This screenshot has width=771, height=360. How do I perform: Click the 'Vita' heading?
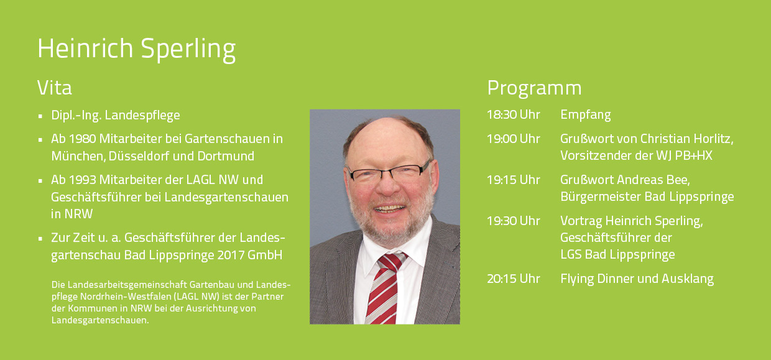point(54,88)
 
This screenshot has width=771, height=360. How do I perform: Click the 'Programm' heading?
point(534,89)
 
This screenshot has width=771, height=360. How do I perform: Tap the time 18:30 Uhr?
point(513,114)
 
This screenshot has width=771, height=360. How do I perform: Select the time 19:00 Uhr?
point(513,139)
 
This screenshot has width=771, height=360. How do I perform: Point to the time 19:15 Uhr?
point(513,180)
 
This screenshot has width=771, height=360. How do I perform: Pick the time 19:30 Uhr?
point(513,221)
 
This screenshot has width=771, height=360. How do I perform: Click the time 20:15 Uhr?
point(513,279)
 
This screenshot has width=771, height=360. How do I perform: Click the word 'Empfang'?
point(586,115)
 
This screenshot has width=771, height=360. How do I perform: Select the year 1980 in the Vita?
point(83,139)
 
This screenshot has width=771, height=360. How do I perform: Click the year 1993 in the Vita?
point(83,180)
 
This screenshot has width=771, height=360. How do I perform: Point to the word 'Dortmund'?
point(226,156)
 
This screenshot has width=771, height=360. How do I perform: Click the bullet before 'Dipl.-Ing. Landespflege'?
point(40,116)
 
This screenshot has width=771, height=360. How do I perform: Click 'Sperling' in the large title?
point(188,49)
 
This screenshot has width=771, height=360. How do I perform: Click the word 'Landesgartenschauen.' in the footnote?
point(100,320)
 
